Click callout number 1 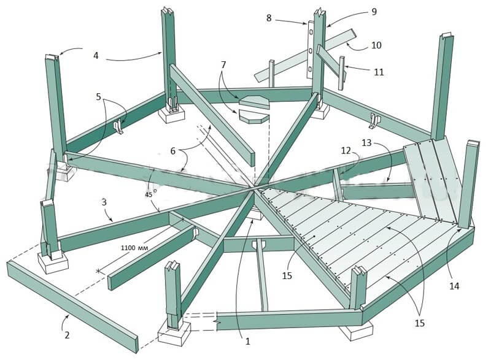click(248, 342)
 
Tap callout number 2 click(67, 335)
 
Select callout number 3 click(104, 202)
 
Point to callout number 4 click(96, 55)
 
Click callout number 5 click(99, 97)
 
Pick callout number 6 click(173, 151)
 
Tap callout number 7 click(223, 65)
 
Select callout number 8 click(269, 18)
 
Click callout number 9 click(374, 12)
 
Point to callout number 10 click(376, 45)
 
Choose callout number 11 click(379, 72)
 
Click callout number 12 click(346, 151)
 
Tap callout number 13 click(366, 143)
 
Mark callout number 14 click(454, 286)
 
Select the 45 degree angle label click(150, 194)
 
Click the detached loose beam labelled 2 click(72, 307)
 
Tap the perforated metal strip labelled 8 click(310, 50)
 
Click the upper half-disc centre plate click(254, 102)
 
